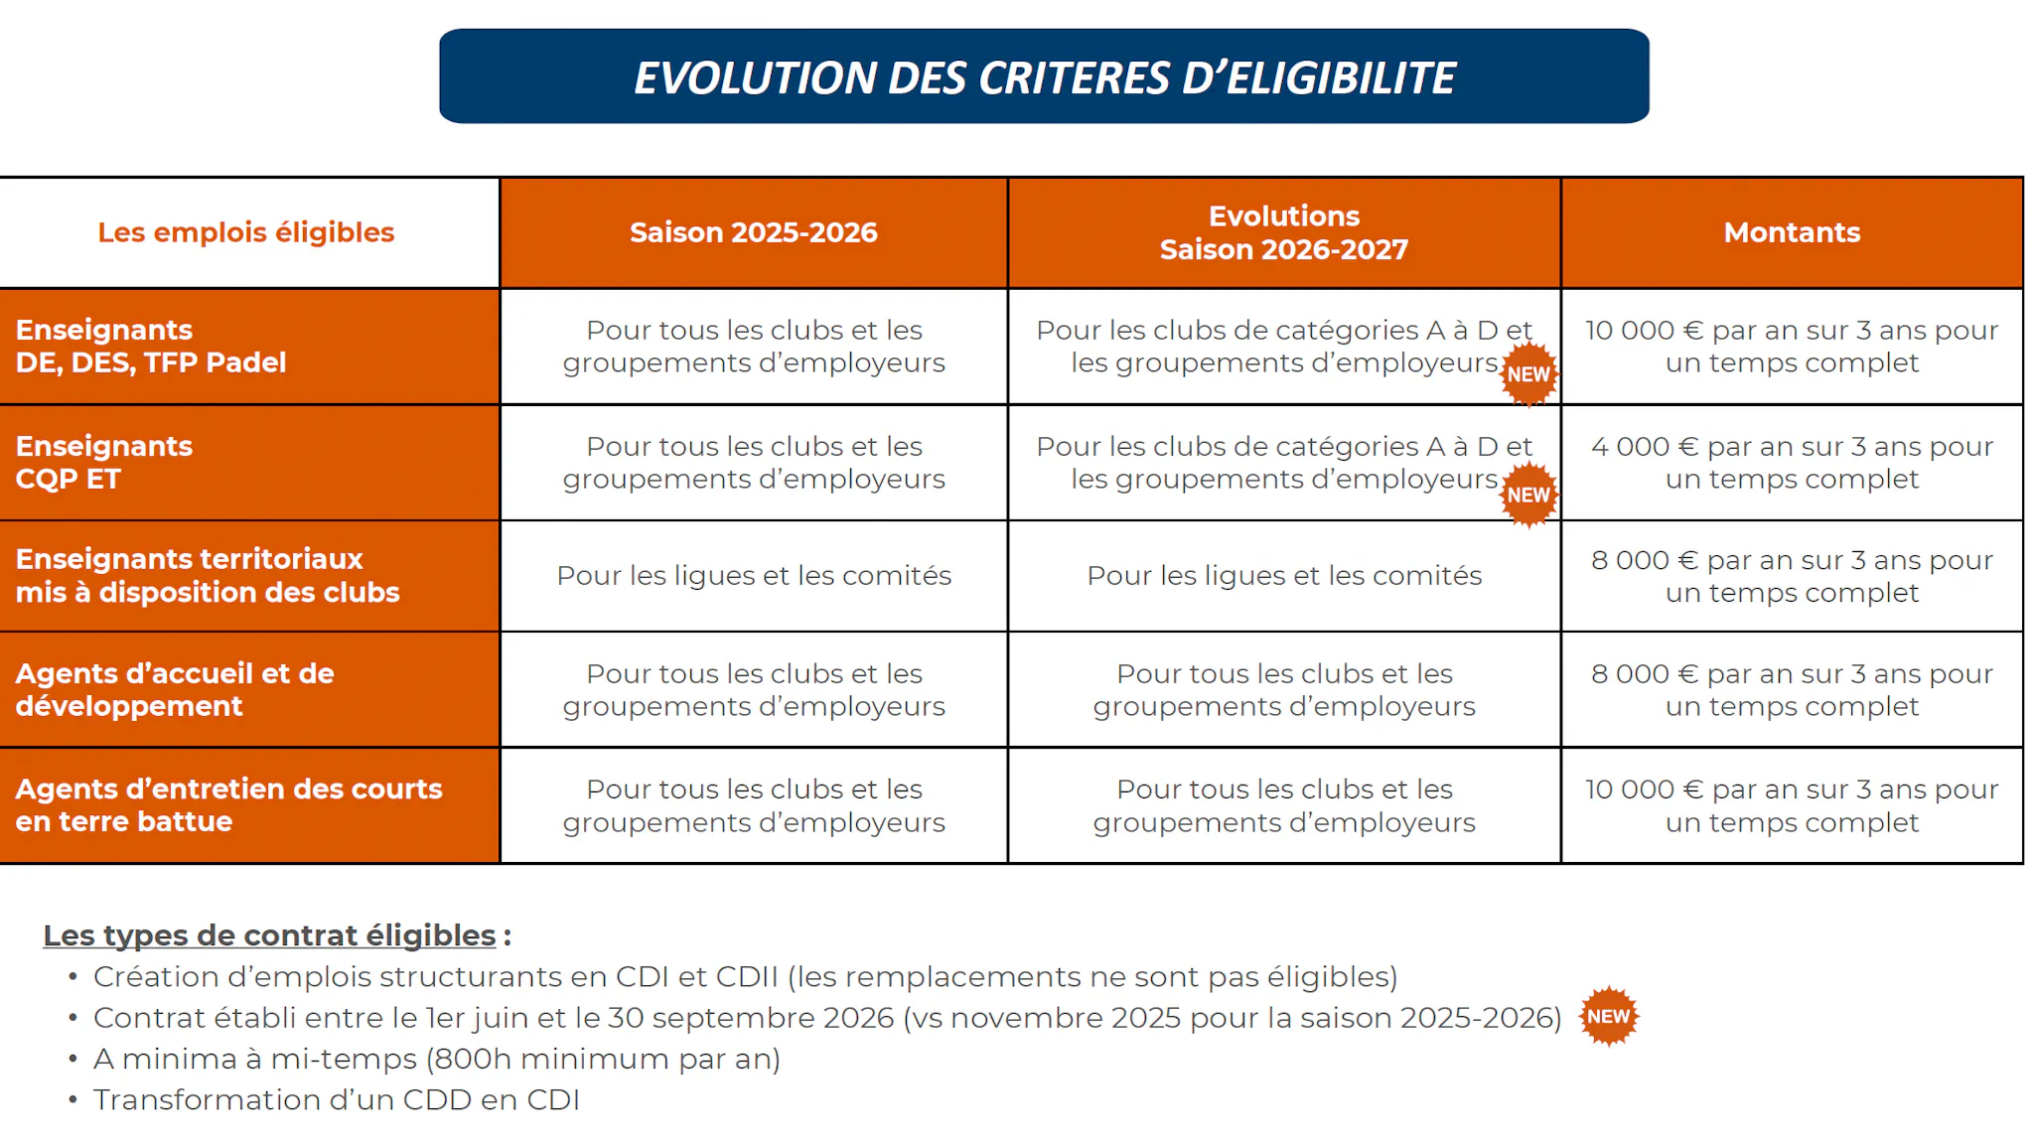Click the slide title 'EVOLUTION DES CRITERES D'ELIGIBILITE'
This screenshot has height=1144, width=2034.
[x=1044, y=77]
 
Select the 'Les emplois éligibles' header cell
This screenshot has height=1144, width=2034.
[x=246, y=232]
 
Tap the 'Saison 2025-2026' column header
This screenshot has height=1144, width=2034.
[x=753, y=232]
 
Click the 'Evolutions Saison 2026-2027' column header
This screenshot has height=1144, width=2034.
[x=1283, y=232]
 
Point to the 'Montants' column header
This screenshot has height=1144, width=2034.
[x=1792, y=232]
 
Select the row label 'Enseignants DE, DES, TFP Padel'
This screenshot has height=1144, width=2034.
[x=151, y=346]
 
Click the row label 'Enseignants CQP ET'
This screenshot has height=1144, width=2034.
[x=104, y=462]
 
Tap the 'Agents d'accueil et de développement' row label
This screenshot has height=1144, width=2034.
[x=175, y=689]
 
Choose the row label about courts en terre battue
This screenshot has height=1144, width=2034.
[x=228, y=804]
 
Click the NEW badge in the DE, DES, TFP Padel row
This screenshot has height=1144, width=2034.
[x=1528, y=374]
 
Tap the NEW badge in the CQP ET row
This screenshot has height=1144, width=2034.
[x=1528, y=495]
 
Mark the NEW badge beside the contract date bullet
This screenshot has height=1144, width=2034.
[x=1608, y=1016]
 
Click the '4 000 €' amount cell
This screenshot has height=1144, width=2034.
[x=1792, y=462]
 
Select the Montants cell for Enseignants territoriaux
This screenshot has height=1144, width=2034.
[x=1792, y=576]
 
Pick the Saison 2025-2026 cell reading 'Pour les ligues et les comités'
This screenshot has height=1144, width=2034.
[x=754, y=576]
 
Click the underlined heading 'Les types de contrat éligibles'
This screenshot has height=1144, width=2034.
[x=269, y=935]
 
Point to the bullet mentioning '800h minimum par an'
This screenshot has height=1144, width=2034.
[x=437, y=1059]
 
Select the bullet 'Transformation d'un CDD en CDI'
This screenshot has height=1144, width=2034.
[x=337, y=1100]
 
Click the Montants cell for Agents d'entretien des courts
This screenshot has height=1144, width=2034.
[x=1792, y=805]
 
